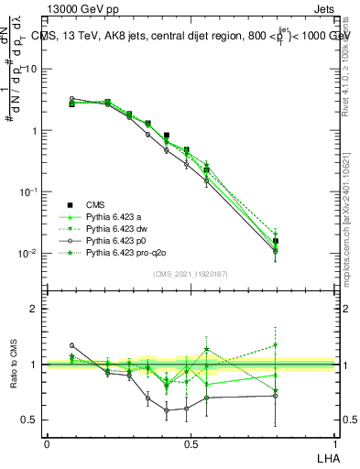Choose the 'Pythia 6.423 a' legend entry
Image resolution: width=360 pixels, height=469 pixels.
pyautogui.click(x=117, y=217)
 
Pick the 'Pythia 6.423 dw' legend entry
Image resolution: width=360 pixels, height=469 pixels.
pyautogui.click(x=120, y=229)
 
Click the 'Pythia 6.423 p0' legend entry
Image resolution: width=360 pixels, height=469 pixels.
pyautogui.click(x=120, y=241)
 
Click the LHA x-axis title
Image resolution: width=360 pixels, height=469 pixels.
pyautogui.click(x=326, y=455)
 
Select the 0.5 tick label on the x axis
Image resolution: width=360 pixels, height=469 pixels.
pyautogui.click(x=191, y=442)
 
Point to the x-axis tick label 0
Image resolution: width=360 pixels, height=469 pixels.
pyautogui.click(x=47, y=442)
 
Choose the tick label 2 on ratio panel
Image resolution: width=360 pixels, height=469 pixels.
pyautogui.click(x=36, y=310)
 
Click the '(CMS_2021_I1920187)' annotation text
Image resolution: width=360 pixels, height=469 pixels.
pyautogui.click(x=191, y=273)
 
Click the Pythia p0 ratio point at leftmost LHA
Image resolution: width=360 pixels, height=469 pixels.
pyautogui.click(x=72, y=345)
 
